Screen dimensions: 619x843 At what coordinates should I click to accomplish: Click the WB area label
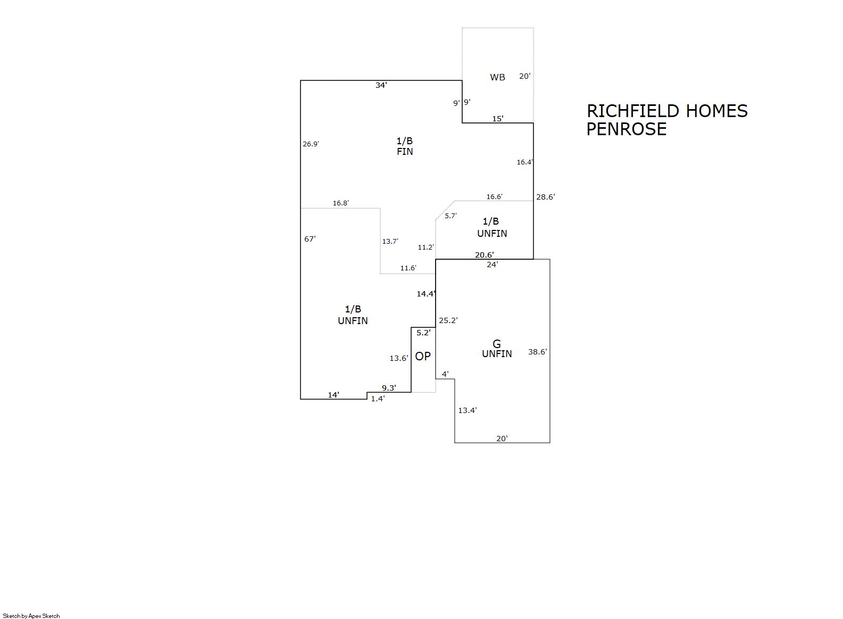[x=497, y=78]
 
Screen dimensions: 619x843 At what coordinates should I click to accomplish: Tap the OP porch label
[x=423, y=357]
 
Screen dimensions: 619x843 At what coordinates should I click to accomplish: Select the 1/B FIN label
[x=405, y=146]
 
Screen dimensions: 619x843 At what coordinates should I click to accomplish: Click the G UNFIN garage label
[x=497, y=349]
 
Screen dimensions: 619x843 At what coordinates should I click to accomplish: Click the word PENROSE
[x=627, y=129]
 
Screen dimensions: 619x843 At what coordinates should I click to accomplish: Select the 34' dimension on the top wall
[x=381, y=85]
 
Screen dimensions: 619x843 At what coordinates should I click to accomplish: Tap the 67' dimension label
[x=310, y=239]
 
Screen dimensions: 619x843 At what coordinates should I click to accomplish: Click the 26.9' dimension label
[x=311, y=144]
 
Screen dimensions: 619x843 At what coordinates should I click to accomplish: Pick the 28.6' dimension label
[x=545, y=197]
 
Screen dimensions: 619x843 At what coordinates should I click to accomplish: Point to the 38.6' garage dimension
[x=537, y=352]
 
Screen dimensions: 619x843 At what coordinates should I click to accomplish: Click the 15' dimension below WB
[x=497, y=119]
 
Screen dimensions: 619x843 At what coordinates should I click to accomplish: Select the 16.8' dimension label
[x=341, y=203]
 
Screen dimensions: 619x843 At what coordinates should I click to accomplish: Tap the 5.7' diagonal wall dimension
[x=450, y=216]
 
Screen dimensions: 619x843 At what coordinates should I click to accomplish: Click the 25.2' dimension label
[x=448, y=320]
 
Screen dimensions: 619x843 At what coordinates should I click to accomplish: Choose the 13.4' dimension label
[x=467, y=410]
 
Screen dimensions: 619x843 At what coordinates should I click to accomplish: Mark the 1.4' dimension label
[x=378, y=399]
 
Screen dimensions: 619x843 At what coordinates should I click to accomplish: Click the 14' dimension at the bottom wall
[x=333, y=395]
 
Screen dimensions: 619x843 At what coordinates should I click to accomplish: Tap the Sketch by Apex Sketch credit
[x=31, y=616]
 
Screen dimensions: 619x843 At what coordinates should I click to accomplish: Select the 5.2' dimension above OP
[x=423, y=333]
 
